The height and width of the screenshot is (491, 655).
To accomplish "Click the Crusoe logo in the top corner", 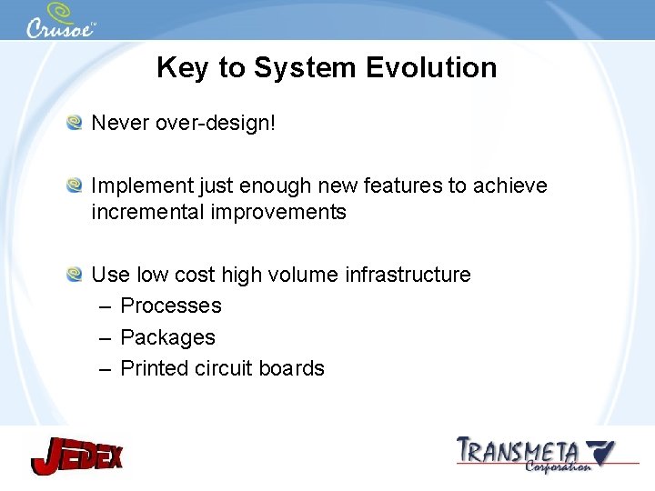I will (x=60, y=21).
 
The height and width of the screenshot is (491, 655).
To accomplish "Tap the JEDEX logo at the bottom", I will (x=76, y=454).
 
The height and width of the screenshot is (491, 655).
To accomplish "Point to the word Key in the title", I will (x=180, y=68).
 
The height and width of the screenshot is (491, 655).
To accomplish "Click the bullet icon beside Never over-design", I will (x=75, y=122).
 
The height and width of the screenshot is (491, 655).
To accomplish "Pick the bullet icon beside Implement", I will (x=75, y=185).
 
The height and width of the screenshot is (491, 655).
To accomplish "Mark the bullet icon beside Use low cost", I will (x=75, y=274).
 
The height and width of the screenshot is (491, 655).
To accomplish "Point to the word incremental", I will (x=147, y=213).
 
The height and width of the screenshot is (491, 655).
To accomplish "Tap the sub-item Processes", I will (x=171, y=306).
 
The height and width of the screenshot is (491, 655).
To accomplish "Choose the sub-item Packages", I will (x=168, y=337).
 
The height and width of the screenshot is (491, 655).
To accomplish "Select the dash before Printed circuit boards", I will (x=104, y=368).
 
